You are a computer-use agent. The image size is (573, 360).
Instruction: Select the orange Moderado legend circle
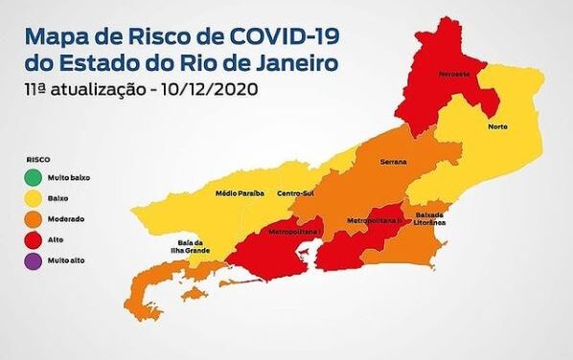pyautogui.click(x=32, y=219)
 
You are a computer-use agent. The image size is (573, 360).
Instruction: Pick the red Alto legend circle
pyautogui.click(x=32, y=239)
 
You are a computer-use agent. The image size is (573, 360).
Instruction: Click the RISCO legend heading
pyautogui.click(x=37, y=159)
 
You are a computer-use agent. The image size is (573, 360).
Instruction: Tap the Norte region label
pyautogui.click(x=496, y=126)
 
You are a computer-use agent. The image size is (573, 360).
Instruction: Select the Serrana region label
pyautogui.click(x=393, y=161)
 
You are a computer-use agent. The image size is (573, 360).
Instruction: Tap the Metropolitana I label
pyautogui.click(x=293, y=231)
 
